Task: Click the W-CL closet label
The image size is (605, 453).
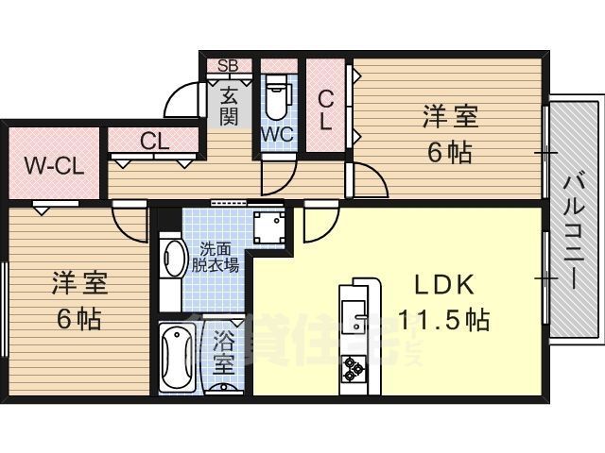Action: click(x=55, y=168)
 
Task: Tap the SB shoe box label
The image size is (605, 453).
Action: click(x=228, y=65)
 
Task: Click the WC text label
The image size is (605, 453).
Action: click(x=276, y=133)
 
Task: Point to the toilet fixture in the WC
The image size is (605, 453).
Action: click(x=276, y=95)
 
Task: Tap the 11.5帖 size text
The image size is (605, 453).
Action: click(x=442, y=321)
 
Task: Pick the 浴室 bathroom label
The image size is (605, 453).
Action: click(x=223, y=350)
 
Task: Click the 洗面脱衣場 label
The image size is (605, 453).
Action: click(x=218, y=258)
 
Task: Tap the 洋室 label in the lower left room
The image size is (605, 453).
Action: click(x=79, y=282)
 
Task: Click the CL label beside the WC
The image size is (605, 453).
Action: click(x=324, y=109)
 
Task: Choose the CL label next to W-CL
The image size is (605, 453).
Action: click(x=155, y=142)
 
